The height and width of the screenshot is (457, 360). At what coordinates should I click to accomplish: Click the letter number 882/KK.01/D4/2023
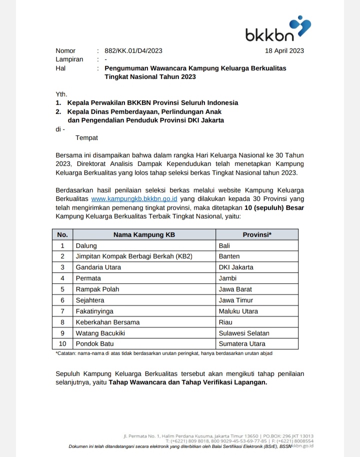pyautogui.click(x=133, y=50)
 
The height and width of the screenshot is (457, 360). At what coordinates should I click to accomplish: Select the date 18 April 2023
pyautogui.click(x=284, y=50)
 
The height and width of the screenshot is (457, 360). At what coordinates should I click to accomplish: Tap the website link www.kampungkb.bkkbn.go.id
pyautogui.click(x=134, y=198)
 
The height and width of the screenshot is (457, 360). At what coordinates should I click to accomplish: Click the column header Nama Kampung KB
pyautogui.click(x=144, y=234)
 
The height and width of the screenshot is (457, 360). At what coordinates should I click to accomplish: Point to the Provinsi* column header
pyautogui.click(x=257, y=234)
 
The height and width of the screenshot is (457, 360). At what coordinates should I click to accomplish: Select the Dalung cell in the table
pyautogui.click(x=86, y=245)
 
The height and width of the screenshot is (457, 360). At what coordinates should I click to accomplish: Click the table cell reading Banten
pyautogui.click(x=229, y=256)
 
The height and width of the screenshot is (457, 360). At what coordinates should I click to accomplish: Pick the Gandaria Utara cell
pyautogui.click(x=98, y=267)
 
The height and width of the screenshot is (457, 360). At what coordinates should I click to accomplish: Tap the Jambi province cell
pyautogui.click(x=228, y=278)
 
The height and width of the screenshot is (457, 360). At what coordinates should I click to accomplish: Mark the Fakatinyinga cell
pyautogui.click(x=94, y=311)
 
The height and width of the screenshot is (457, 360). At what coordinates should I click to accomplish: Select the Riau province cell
pyautogui.click(x=226, y=322)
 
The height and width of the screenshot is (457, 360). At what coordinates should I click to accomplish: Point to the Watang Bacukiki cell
pyautogui.click(x=100, y=333)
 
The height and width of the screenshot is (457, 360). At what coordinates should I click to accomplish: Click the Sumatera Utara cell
pyautogui.click(x=242, y=344)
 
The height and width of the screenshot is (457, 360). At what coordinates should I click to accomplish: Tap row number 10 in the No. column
pyautogui.click(x=62, y=344)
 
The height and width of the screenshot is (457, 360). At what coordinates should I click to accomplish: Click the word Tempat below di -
pyautogui.click(x=86, y=138)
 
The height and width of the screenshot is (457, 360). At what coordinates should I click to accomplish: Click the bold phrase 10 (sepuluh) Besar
pyautogui.click(x=274, y=207)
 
